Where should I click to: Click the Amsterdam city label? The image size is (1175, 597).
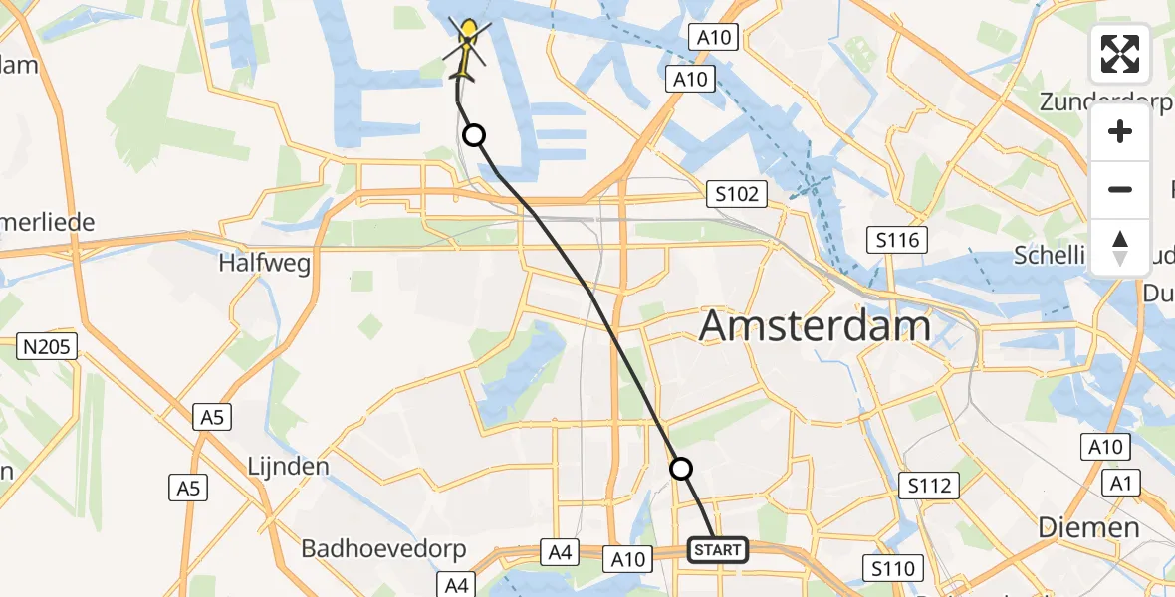816,325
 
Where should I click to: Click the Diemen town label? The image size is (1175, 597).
1088,526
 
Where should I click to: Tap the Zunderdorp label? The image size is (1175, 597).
1106,101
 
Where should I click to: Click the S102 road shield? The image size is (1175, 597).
736,194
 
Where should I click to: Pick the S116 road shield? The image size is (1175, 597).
897,239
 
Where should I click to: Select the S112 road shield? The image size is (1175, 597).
929,487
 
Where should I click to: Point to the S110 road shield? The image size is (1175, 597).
892,568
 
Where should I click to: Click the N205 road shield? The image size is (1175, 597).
47,346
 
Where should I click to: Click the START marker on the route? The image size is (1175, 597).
717,550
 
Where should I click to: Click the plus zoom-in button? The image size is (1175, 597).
1120,132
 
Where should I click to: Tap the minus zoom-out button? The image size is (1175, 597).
1120,189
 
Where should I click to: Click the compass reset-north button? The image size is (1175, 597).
1120,246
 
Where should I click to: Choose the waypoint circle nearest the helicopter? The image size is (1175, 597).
475,135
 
